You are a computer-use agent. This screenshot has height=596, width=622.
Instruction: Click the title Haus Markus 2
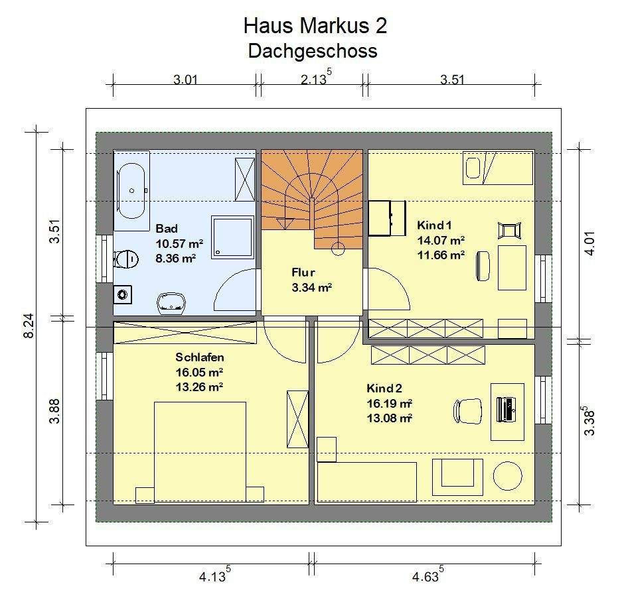[x=315, y=26]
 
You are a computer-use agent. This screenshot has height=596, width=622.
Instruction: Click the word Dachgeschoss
[x=313, y=51]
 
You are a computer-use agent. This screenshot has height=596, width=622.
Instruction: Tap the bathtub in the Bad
[x=131, y=191]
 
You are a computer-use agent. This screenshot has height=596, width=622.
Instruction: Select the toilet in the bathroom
[x=126, y=260]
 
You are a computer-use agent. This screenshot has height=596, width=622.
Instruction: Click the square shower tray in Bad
[x=232, y=237]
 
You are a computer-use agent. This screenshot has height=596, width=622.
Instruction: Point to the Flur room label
[x=303, y=272]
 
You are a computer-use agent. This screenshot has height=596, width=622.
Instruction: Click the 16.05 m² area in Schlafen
[x=199, y=372]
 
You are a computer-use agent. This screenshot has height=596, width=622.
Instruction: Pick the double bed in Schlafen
[x=200, y=452]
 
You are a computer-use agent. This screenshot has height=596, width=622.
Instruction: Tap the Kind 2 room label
[x=384, y=388]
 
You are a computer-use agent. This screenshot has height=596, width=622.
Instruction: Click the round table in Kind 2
[x=508, y=476]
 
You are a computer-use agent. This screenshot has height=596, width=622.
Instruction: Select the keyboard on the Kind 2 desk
[x=505, y=409]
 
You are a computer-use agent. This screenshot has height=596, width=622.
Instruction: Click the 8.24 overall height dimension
[x=29, y=326]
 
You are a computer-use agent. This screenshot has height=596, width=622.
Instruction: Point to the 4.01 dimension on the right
[x=590, y=243]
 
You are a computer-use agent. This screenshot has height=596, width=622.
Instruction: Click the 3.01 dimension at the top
[x=185, y=80]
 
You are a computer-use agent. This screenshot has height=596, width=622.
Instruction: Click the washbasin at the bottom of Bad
[x=171, y=303]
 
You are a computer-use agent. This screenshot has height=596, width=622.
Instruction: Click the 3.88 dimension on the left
[x=54, y=411]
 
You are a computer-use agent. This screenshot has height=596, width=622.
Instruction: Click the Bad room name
[x=167, y=228]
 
